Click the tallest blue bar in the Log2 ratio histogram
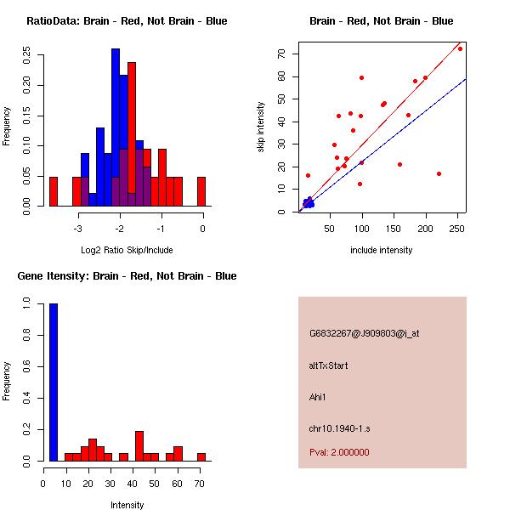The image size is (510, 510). (116, 127)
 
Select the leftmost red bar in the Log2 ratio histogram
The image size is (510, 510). (54, 191)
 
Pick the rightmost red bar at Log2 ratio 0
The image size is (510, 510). (201, 191)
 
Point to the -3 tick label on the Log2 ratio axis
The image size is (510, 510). (78, 229)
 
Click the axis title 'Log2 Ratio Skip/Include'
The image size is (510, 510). (127, 250)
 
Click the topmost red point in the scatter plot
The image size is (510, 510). (460, 48)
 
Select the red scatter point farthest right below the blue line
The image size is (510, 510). (439, 173)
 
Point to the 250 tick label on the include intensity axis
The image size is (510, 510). (457, 229)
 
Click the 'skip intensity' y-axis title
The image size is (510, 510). (261, 127)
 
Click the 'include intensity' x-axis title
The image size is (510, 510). (381, 250)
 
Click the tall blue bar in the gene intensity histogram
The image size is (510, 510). (54, 382)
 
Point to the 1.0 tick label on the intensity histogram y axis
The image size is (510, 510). (27, 303)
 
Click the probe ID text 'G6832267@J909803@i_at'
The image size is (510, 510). (364, 333)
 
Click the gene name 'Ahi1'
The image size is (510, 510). (319, 396)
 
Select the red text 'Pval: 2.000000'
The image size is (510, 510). (339, 452)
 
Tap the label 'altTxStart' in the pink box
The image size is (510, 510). (329, 365)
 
